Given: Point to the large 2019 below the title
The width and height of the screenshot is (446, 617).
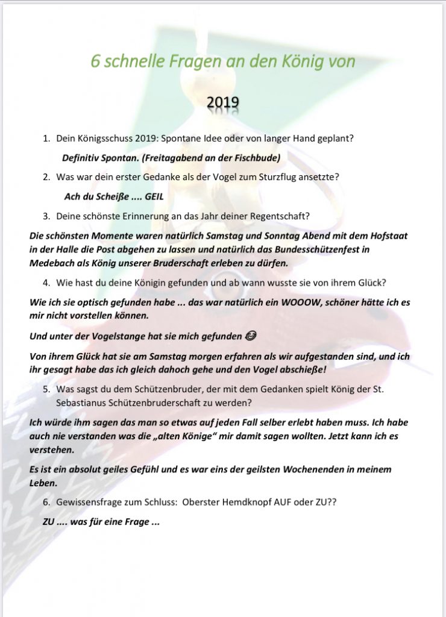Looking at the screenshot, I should [222, 104].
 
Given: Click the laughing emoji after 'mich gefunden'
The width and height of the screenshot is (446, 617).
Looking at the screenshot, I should [204, 336].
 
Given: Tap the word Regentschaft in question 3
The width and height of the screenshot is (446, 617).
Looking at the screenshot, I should [283, 216].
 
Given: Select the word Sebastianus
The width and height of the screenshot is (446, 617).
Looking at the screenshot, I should [83, 402].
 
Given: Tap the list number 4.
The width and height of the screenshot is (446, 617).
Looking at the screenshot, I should [46, 282].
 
